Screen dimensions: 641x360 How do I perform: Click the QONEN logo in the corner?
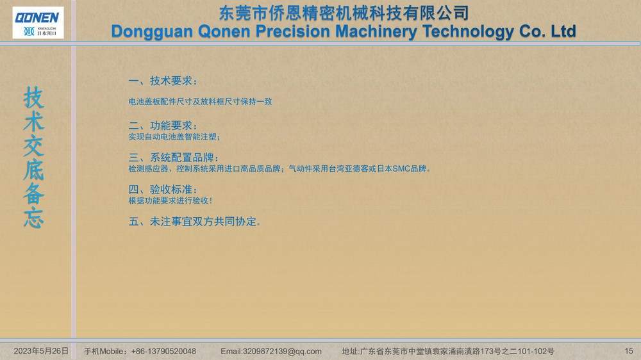38,22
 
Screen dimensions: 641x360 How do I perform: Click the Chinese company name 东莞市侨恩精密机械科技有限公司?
344,13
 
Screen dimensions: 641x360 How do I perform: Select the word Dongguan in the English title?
152,32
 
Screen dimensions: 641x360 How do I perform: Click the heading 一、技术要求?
163,81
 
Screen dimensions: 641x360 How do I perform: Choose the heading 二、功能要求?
163,126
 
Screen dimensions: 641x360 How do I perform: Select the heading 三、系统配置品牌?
173,158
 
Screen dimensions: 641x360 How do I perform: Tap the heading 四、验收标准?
163,189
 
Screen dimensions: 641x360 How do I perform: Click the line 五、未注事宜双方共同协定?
195,222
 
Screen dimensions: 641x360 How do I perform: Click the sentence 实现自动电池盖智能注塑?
174,137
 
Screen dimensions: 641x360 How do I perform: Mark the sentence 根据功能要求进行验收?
170,200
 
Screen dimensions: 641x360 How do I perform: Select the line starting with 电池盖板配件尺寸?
200,101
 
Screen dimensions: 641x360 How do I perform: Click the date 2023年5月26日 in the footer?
41,351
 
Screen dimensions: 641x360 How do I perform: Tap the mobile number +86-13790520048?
163,352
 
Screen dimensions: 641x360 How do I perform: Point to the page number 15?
629,351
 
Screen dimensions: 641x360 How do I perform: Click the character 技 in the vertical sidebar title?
33,97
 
